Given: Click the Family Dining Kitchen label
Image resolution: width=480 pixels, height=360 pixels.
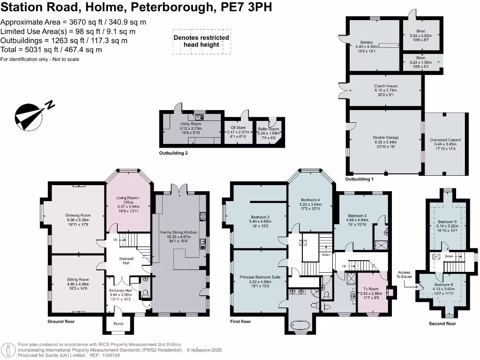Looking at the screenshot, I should (179, 232).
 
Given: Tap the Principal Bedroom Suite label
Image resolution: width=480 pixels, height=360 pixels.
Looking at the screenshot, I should (260, 277).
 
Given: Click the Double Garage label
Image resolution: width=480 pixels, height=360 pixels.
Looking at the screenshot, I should (386, 137).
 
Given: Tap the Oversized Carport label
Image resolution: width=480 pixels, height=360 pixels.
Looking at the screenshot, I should (445, 140).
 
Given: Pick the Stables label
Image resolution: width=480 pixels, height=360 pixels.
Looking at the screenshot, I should (366, 42).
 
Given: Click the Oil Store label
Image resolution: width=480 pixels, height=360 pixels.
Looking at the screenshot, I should (238, 127).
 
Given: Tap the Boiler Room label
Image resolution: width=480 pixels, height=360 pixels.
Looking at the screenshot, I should (269, 129).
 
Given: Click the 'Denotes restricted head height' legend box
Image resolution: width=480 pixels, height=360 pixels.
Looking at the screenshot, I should (201, 41).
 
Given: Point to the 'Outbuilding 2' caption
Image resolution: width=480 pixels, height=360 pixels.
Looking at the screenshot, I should (173, 153).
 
